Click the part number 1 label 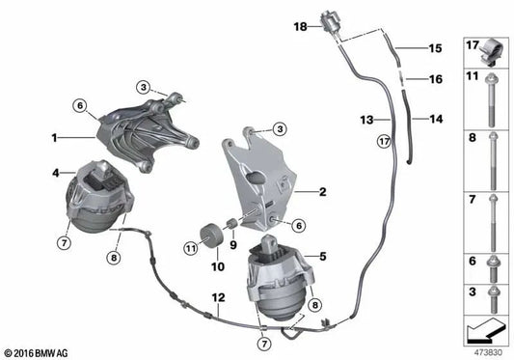(55, 137)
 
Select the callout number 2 (323, 192)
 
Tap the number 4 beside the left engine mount (55, 174)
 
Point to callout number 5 (323, 256)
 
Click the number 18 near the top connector (300, 27)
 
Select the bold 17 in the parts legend (473, 43)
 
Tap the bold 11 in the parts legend (473, 74)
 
